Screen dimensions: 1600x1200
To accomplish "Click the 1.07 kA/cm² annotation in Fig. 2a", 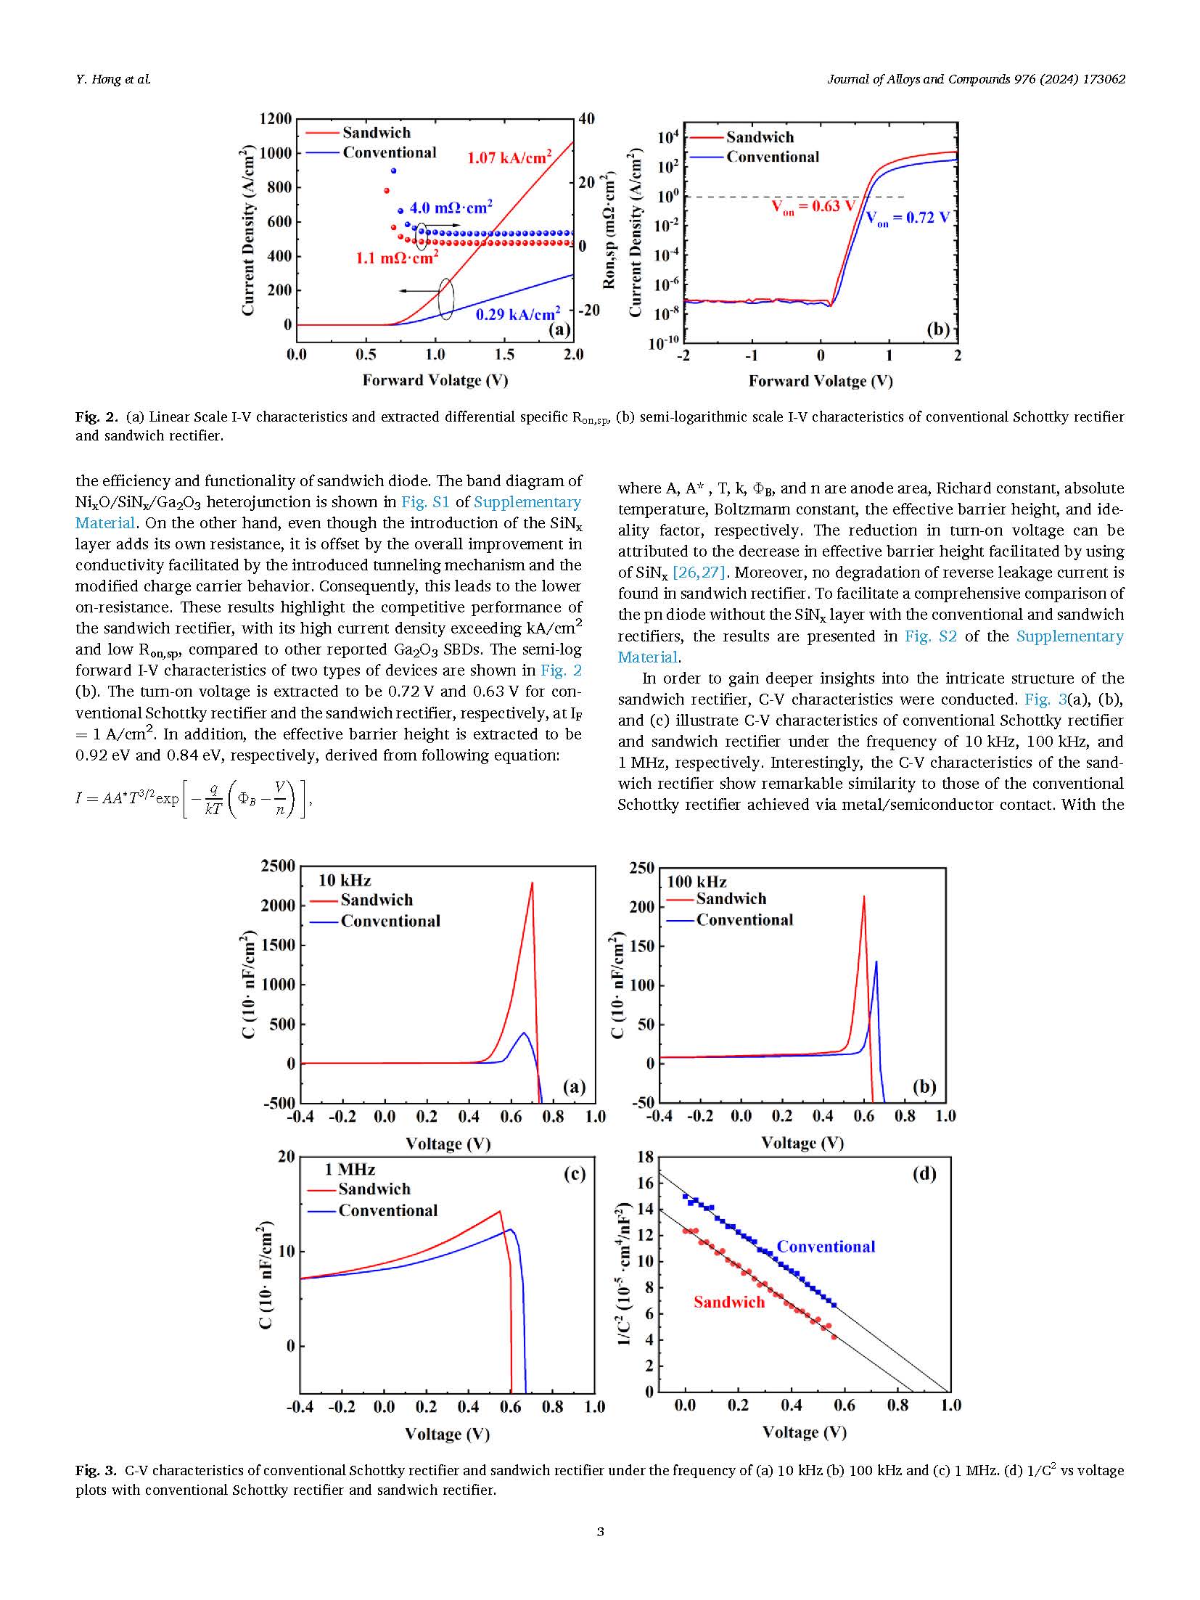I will tap(509, 157).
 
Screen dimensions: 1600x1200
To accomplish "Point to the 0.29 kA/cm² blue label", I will tap(517, 314).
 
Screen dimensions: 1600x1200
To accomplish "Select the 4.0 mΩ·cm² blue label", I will tap(451, 208).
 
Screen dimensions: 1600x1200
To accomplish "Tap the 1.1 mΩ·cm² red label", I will tap(397, 258).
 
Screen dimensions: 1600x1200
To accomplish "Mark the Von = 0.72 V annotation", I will tap(908, 218).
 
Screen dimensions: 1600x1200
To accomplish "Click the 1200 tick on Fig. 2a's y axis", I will tap(276, 119).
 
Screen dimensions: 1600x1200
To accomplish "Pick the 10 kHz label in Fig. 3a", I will tap(345, 880).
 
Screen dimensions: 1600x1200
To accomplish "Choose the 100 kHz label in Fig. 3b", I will tap(696, 882).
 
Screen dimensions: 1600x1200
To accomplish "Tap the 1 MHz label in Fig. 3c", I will tap(350, 1169).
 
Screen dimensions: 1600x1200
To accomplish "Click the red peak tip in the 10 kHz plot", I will tap(532, 883).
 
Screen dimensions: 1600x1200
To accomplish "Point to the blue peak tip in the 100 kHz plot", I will tap(876, 962).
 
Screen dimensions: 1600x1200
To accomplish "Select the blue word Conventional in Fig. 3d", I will tap(826, 1247).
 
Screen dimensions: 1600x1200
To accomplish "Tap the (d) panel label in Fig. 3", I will tap(924, 1174).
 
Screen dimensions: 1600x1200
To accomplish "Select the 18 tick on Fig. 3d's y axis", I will tap(645, 1157).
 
